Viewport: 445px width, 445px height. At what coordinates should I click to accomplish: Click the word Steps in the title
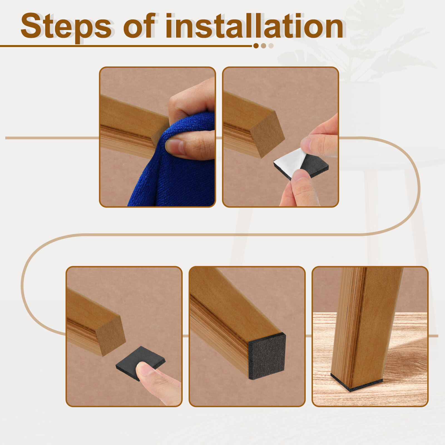pyautogui.click(x=66, y=27)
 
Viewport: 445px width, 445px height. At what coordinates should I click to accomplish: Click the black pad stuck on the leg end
pyautogui.click(x=267, y=356)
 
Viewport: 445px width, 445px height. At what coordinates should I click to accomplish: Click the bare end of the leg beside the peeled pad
pyautogui.click(x=268, y=135)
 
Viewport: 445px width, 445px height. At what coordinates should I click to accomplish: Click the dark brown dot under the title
pyautogui.click(x=256, y=46)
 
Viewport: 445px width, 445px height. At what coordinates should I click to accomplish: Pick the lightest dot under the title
pyautogui.click(x=271, y=46)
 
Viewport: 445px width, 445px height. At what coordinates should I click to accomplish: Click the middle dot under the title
pyautogui.click(x=263, y=46)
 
